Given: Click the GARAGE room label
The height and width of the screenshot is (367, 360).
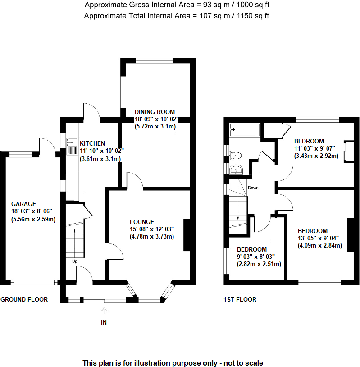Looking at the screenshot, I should tap(24, 204).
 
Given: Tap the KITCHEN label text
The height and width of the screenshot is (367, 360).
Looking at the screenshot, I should tap(92, 143).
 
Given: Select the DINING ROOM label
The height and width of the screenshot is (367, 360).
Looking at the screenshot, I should tap(155, 112).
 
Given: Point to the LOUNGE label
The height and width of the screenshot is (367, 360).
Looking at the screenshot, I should tap(142, 222).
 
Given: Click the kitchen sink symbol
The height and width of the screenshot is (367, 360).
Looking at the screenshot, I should tap(72, 146).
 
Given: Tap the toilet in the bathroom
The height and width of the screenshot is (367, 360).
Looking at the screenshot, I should tap(235, 156).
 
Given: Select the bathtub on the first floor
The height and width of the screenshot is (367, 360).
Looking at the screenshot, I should tap(245, 130).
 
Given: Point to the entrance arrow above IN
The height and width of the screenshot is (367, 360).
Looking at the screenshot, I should tap(105, 311).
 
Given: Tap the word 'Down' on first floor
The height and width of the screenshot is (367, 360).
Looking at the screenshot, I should tap(253, 188).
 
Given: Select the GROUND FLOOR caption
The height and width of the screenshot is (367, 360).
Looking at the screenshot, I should tap(24, 299).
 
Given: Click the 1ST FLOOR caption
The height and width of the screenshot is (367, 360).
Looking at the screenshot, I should tap(240, 299).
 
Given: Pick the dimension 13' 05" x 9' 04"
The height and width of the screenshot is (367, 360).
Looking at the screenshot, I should tap(318, 239).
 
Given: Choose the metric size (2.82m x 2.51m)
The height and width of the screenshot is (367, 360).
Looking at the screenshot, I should tap(259, 264).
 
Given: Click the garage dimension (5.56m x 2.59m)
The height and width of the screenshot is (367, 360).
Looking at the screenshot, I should tap(33, 220).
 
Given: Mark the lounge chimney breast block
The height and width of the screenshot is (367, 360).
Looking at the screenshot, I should tap(187, 234).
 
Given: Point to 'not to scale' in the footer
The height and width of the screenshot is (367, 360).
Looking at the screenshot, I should tap(242, 363).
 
